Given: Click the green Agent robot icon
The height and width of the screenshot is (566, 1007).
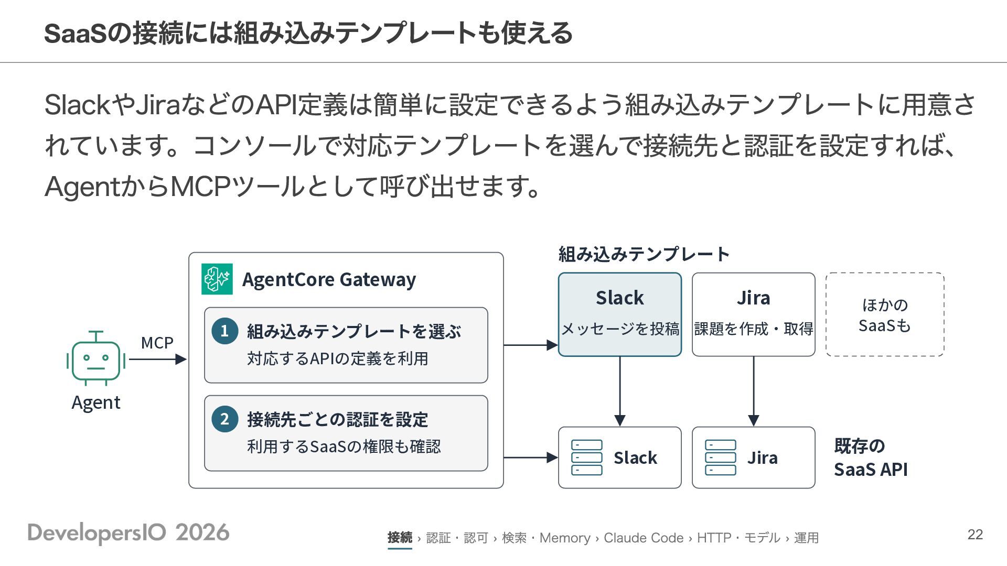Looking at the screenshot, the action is click(96, 358).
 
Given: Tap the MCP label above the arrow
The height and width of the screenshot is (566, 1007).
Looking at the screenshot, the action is click(157, 343).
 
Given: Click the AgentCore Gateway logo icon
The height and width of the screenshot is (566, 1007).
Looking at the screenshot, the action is click(217, 279).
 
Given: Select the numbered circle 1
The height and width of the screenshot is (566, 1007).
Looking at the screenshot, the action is click(224, 331).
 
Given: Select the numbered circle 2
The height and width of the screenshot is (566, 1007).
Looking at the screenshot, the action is click(224, 419).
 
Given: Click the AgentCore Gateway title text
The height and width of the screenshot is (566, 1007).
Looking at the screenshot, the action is click(329, 280).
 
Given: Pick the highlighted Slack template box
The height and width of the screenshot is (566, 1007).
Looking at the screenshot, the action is click(620, 314).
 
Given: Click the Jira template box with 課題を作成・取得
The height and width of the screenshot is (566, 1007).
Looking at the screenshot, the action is click(754, 314).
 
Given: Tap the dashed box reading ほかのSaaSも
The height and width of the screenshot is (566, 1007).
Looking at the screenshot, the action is click(885, 314).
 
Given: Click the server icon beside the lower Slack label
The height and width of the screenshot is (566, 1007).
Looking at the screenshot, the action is click(587, 458).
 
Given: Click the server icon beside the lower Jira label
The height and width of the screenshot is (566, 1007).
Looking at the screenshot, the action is click(721, 458).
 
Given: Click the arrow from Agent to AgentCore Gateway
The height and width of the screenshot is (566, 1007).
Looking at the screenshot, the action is click(158, 360).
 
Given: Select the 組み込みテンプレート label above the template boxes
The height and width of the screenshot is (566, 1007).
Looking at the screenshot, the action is click(644, 255).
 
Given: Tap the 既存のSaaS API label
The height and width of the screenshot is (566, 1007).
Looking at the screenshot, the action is click(871, 458).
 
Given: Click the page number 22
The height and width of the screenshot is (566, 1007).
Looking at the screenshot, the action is click(975, 535).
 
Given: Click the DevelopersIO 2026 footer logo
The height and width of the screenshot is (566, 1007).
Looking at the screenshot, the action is click(128, 533).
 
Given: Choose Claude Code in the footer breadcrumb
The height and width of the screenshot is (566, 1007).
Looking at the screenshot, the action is click(644, 538).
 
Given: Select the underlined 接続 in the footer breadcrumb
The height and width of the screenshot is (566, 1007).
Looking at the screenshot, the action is click(400, 538).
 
